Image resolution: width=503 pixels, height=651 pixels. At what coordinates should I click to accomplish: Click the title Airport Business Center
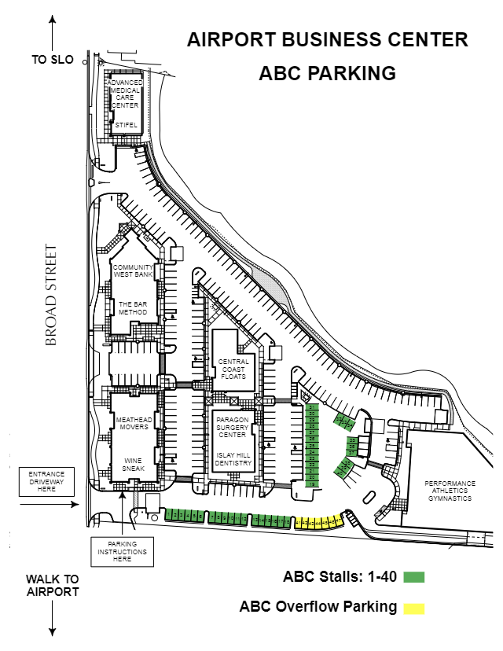[328, 39]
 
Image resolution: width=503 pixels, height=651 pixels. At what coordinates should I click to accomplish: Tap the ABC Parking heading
[327, 73]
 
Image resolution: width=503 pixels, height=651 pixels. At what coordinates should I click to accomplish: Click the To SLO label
[52, 60]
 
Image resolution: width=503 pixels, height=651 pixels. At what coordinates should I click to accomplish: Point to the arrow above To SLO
[52, 31]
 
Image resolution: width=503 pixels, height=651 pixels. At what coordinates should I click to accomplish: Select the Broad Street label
[52, 296]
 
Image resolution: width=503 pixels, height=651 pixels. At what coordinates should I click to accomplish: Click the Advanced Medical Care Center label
[125, 94]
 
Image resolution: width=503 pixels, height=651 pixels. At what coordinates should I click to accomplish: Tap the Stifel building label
[126, 124]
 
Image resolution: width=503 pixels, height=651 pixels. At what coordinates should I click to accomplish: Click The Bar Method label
[133, 307]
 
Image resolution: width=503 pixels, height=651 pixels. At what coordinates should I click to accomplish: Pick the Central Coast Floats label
[233, 369]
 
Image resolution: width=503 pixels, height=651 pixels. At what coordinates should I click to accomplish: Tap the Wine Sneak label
[134, 465]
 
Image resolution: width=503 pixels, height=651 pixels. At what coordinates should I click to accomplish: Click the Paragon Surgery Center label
[233, 428]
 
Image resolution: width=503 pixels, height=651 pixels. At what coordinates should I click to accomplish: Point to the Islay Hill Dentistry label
[233, 458]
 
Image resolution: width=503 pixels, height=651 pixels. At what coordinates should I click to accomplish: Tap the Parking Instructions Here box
[122, 551]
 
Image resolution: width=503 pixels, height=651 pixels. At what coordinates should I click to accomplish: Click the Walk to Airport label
[53, 585]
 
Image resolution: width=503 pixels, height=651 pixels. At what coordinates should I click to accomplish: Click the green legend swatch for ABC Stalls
[413, 577]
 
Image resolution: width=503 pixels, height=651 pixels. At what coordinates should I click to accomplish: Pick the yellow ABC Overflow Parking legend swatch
[413, 608]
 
